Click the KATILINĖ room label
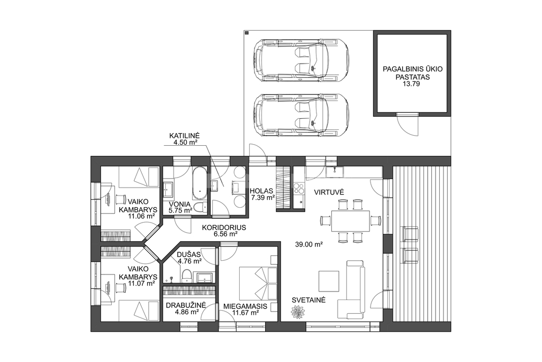click(183, 135)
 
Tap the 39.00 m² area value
click(309, 244)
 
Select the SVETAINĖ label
click(309, 300)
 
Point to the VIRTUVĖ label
click(329, 192)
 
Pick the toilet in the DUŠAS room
click(187, 275)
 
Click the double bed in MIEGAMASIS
click(258, 282)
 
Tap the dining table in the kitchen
click(350, 221)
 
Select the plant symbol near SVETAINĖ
click(297, 312)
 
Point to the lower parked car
click(301, 115)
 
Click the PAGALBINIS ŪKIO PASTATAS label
click(412, 73)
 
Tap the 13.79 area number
click(412, 84)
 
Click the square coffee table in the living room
click(329, 281)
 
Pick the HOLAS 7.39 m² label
click(262, 194)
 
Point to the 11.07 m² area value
click(141, 284)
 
